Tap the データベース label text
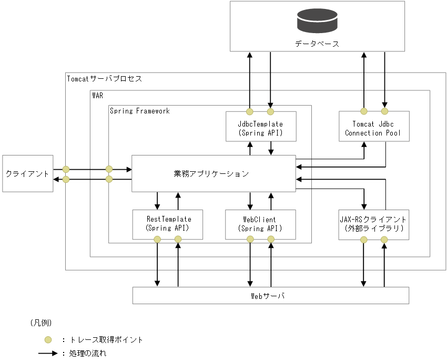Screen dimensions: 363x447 point(317,44)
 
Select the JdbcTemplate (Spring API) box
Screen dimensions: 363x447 point(260,128)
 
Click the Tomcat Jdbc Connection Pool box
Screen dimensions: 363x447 point(373,128)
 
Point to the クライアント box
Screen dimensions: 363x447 point(27,173)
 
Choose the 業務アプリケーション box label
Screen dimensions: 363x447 point(211,173)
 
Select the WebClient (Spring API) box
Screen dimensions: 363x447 point(260,224)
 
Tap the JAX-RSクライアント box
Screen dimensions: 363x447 point(373,224)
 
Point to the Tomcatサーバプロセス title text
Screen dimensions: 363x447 point(104,79)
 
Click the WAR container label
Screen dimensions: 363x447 point(98,95)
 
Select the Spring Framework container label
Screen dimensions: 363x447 point(140,111)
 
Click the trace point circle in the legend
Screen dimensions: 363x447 point(48,339)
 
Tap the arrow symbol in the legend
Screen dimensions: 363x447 point(48,353)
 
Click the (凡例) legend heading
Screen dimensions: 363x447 point(41,322)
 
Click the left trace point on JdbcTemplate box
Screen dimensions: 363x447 point(250,111)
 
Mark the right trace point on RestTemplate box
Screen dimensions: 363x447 point(178,240)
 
